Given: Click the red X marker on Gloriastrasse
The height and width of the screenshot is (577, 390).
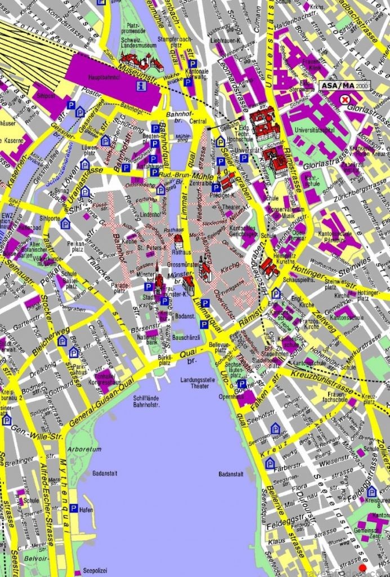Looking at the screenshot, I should click(x=345, y=99).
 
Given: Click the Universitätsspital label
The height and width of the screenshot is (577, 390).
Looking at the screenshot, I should click(x=312, y=132).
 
